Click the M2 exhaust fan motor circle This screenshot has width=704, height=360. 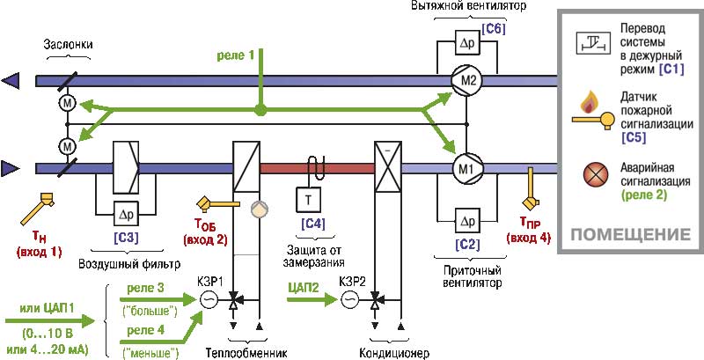tap(468, 81)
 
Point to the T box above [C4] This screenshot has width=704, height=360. tap(309, 202)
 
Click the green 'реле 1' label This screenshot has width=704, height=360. tap(237, 55)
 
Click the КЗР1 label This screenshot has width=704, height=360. tap(209, 282)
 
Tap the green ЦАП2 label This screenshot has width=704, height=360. tap(304, 285)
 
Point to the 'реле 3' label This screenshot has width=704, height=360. tap(145, 289)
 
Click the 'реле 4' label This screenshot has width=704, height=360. tap(145, 331)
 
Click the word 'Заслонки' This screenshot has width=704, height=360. tap(68, 43)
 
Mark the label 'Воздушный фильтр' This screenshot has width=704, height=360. tap(128, 263)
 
